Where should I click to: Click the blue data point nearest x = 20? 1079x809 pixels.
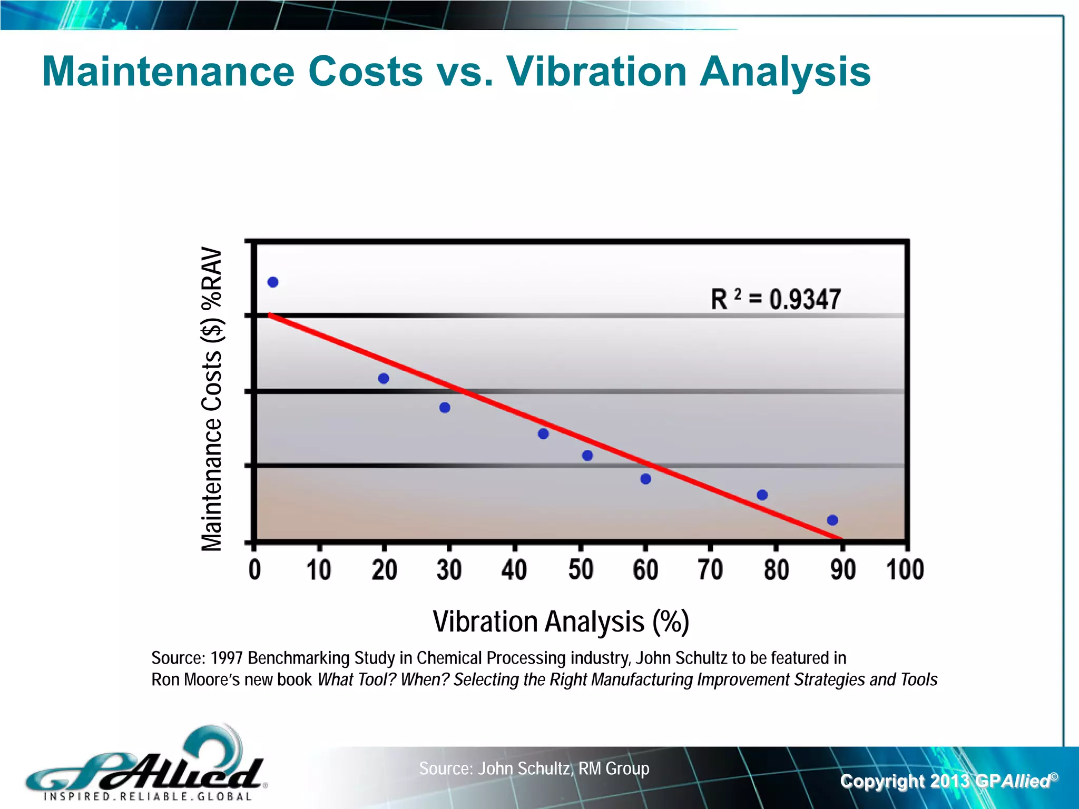[384, 379]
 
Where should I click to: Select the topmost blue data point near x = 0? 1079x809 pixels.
[273, 282]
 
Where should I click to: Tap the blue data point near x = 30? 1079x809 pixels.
[445, 408]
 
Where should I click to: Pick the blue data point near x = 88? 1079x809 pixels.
[832, 520]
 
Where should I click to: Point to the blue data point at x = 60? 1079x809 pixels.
[646, 479]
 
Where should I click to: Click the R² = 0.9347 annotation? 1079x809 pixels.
[776, 299]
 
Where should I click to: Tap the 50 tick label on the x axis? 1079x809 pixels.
[581, 570]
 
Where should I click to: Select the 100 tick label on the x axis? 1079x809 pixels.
[905, 570]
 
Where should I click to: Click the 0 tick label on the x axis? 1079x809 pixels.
[254, 570]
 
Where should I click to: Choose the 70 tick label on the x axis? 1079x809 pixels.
[710, 570]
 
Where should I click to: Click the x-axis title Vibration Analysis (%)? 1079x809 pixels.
[561, 621]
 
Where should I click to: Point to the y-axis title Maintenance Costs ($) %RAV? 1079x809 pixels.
[212, 399]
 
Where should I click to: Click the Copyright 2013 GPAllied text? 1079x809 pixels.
[948, 781]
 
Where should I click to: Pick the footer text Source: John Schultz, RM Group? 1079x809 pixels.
[534, 768]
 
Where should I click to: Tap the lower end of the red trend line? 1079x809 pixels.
[839, 538]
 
